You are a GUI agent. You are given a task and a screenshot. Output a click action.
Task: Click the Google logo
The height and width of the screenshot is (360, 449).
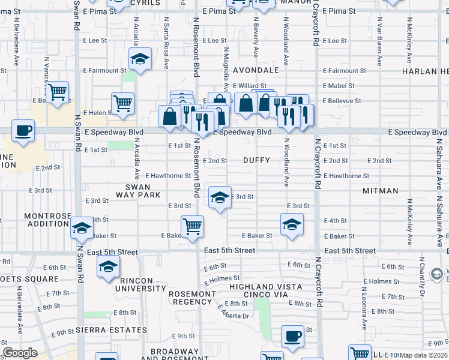point(20,353)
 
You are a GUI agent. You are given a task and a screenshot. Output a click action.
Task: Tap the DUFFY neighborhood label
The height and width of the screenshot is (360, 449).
point(256,160)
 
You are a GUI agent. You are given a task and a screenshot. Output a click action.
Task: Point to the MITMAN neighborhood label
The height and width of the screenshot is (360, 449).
point(381,191)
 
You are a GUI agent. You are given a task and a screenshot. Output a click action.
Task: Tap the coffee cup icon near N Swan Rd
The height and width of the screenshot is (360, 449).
point(23,131)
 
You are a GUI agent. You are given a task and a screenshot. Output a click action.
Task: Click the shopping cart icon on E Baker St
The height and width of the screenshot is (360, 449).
point(192,227)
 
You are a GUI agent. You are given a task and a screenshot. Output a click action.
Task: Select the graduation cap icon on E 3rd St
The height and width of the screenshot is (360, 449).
point(220,197)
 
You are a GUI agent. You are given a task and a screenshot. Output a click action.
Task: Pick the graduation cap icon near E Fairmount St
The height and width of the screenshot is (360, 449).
point(140,59)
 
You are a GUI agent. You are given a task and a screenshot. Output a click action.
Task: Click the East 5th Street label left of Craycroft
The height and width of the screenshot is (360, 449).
point(229,250)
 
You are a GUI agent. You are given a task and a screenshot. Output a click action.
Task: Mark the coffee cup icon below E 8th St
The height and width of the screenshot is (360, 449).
point(292,337)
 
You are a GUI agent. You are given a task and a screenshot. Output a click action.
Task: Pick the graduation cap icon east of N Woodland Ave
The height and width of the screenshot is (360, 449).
point(292,224)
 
